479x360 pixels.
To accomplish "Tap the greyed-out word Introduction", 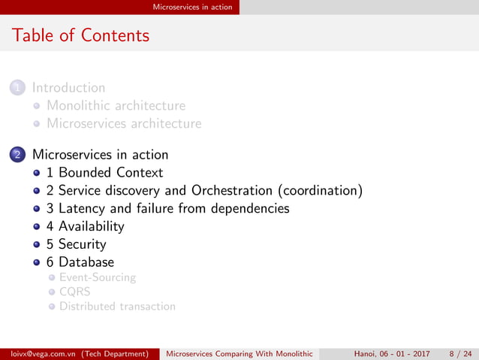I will point(68,88).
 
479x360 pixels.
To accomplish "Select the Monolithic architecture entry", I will point(116,106).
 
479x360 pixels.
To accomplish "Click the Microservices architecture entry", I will point(124,123).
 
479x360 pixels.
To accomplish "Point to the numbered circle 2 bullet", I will point(17,155).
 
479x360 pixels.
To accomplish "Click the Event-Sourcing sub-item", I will point(98,277).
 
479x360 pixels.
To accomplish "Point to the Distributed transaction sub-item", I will point(117,306).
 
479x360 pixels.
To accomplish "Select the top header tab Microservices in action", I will point(192,7).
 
